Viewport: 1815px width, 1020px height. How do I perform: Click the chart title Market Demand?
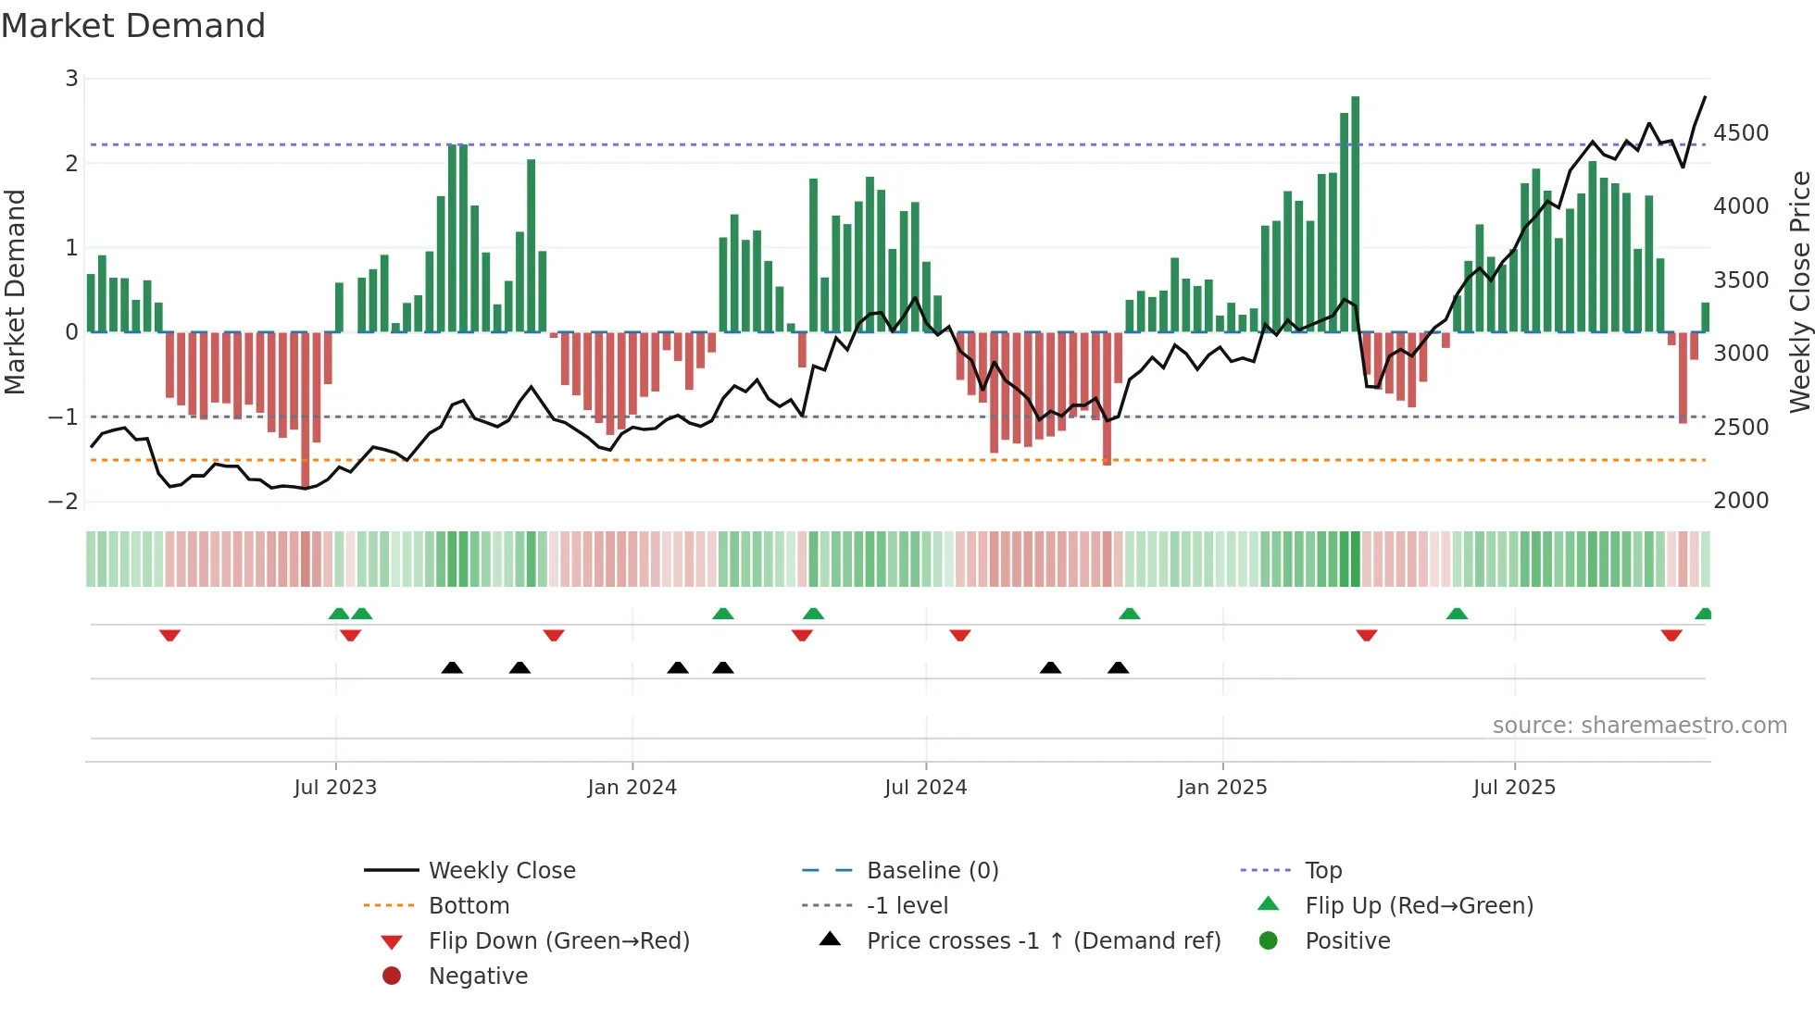tap(133, 26)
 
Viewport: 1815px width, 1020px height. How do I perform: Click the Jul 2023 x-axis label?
tap(335, 788)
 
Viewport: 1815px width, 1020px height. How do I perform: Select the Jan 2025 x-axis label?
tap(1222, 788)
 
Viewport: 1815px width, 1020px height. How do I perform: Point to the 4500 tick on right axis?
tap(1741, 133)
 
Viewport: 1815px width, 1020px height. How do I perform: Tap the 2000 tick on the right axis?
tap(1741, 501)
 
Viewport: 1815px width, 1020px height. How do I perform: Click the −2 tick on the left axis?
tap(64, 502)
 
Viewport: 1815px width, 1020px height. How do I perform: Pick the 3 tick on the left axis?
tap(71, 79)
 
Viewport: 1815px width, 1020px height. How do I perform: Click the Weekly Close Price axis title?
tap(1799, 292)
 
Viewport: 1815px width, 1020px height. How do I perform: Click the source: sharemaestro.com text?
tap(1639, 726)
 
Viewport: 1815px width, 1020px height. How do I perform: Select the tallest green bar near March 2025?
tap(1355, 213)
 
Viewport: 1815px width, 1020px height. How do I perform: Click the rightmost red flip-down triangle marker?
tap(1671, 635)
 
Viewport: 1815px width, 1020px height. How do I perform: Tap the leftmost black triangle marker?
tap(452, 667)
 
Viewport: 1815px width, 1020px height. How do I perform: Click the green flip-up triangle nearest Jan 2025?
tap(1130, 614)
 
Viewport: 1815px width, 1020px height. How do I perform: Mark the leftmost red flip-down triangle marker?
tap(169, 635)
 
